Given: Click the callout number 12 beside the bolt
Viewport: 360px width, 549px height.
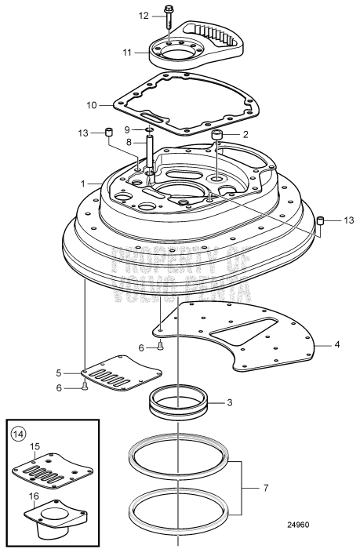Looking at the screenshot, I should pos(144,15).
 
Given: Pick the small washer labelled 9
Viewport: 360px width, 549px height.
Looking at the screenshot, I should pos(147,130).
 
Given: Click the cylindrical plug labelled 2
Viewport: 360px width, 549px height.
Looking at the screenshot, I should pos(217,138).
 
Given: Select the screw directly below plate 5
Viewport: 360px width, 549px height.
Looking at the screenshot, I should pos(85,385).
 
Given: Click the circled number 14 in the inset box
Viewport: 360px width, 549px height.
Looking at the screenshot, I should pos(17,432).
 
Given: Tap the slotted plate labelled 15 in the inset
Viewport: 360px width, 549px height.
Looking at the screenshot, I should pos(48,475).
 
